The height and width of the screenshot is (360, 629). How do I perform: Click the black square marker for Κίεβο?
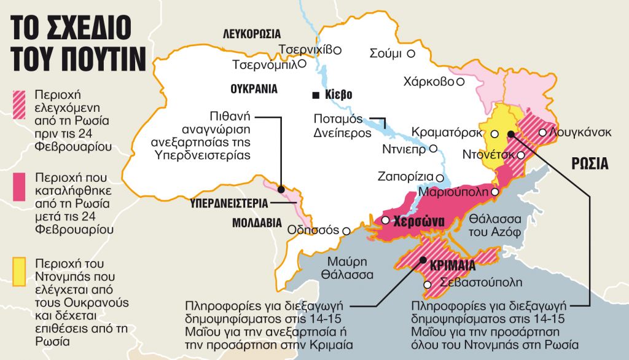[315, 95]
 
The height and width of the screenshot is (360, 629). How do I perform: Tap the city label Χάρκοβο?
[428, 81]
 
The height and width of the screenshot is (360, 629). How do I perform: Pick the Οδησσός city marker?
[346, 231]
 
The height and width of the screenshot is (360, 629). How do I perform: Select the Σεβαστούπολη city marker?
[436, 284]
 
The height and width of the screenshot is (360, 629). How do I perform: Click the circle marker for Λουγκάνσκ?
[542, 132]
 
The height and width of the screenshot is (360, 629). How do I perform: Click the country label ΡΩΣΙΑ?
[590, 164]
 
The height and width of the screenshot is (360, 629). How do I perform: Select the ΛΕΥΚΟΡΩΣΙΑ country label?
[251, 34]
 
